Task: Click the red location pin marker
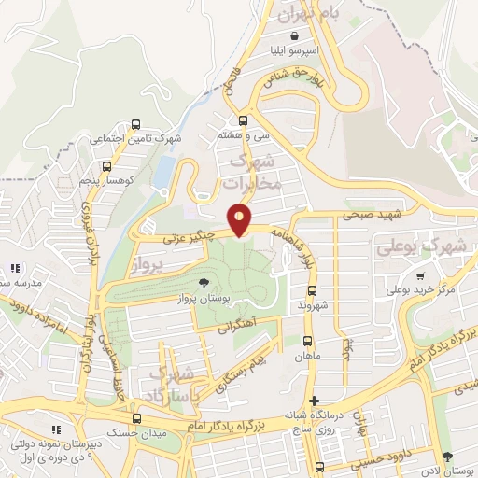(x=241, y=220)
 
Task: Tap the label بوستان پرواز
(x=204, y=300)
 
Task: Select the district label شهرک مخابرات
(x=253, y=173)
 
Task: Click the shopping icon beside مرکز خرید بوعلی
(x=421, y=275)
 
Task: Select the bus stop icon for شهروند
(x=312, y=289)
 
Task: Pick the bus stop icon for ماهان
(x=309, y=341)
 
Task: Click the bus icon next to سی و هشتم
(x=244, y=119)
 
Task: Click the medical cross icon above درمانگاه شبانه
(x=315, y=400)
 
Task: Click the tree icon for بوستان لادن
(x=446, y=456)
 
